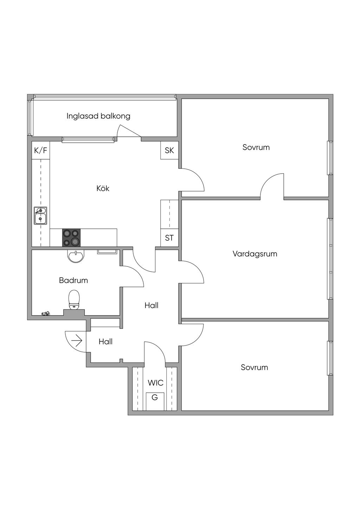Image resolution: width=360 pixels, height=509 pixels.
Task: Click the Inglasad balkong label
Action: click(x=98, y=116)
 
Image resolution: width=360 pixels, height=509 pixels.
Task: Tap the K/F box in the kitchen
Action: click(x=40, y=150)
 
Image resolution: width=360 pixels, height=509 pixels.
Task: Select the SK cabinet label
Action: click(x=169, y=150)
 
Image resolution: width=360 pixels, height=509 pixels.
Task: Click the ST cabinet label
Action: click(x=169, y=238)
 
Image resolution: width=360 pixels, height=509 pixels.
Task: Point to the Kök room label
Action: click(x=103, y=188)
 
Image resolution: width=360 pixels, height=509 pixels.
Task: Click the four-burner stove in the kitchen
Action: click(x=71, y=238)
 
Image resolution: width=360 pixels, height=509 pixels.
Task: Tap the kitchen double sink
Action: click(x=40, y=215)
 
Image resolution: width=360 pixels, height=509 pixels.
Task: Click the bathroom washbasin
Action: click(x=76, y=256)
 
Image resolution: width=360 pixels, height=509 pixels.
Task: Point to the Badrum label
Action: click(x=73, y=281)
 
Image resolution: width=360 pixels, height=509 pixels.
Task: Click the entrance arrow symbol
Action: click(x=77, y=341)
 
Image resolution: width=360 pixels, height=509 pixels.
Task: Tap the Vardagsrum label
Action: click(x=255, y=254)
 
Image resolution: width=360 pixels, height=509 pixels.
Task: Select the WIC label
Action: click(x=155, y=383)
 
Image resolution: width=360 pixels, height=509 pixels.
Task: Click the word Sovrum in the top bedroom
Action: click(x=256, y=147)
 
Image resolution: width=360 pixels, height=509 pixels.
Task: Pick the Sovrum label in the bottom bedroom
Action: click(x=254, y=367)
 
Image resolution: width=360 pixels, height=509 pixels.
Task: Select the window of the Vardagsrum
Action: click(x=330, y=259)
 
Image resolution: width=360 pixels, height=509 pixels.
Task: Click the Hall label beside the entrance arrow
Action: click(x=105, y=341)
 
